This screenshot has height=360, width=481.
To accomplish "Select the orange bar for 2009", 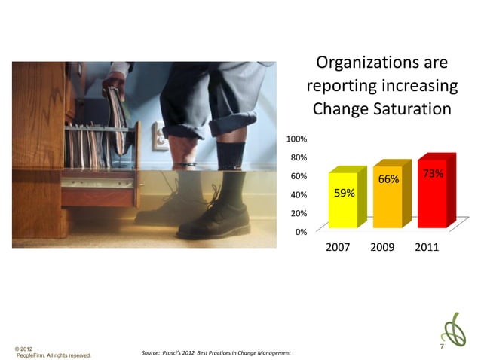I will pyautogui.click(x=388, y=197).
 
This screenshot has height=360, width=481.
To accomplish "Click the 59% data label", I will pyautogui.click(x=345, y=193).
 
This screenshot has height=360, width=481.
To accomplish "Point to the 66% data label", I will pyautogui.click(x=388, y=180).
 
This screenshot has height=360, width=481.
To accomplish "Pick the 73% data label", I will pyautogui.click(x=433, y=174).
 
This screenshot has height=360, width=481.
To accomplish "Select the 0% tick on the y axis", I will pyautogui.click(x=299, y=232).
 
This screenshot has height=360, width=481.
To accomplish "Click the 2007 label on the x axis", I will pyautogui.click(x=337, y=248).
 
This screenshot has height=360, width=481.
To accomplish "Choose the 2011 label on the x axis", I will pyautogui.click(x=427, y=248).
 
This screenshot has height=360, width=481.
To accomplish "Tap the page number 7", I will pyautogui.click(x=443, y=348).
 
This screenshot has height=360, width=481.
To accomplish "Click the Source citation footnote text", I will pyautogui.click(x=216, y=352).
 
